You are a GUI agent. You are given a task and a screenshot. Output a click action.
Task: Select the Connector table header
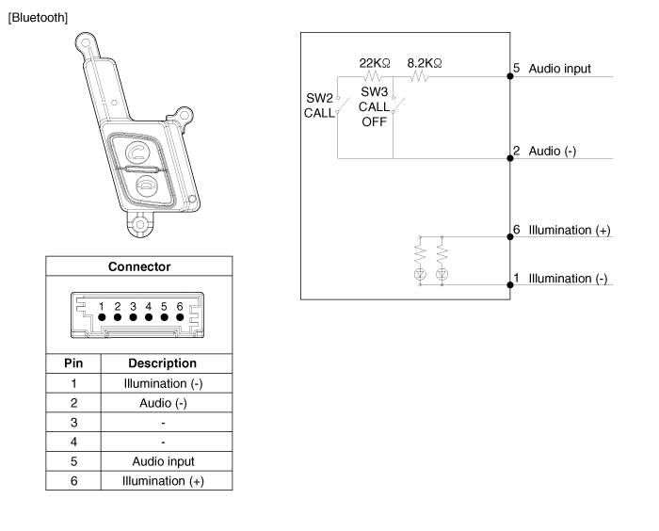click(x=139, y=266)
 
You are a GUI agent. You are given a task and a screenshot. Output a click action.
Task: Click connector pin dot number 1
click(x=102, y=317)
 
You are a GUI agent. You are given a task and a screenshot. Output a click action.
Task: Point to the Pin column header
click(x=66, y=363)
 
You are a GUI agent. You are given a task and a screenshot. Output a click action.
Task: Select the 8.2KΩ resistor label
click(x=426, y=63)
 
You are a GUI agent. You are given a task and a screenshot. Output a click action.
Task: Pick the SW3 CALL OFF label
click(x=374, y=105)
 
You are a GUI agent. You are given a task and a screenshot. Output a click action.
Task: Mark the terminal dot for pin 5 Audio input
click(x=510, y=78)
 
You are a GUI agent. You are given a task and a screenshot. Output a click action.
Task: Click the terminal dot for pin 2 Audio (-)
click(x=510, y=158)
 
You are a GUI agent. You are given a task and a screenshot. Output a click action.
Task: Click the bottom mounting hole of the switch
click(x=141, y=224)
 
